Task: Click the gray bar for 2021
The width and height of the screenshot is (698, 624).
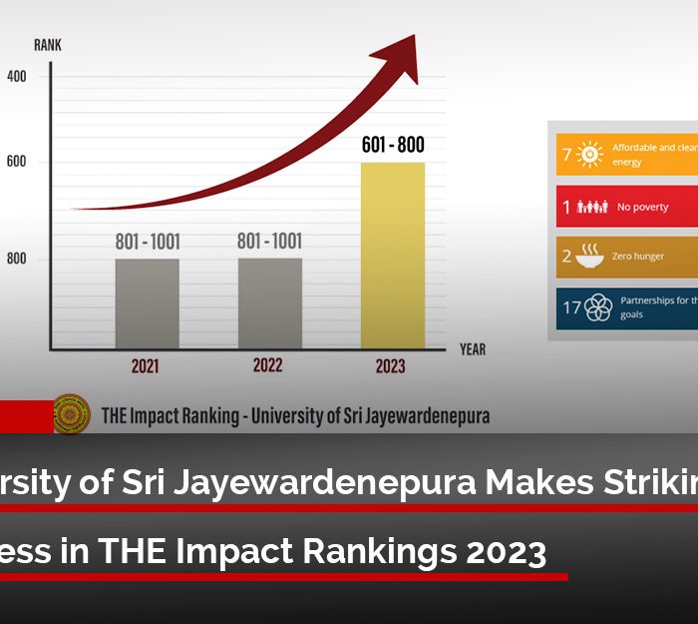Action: coord(148,304)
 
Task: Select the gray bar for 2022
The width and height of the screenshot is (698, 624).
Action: coord(269,304)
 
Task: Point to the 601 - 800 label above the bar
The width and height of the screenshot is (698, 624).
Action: coord(392,146)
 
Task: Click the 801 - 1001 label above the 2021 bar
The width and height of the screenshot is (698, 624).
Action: coord(148,243)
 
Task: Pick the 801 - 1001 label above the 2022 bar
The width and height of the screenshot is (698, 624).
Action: coord(269,242)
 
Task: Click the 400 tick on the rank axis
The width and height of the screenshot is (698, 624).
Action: coord(17,76)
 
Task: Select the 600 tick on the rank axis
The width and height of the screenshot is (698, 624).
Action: coord(17,162)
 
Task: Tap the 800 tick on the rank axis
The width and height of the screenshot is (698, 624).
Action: coord(17,259)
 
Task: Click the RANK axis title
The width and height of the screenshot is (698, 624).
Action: coord(48,45)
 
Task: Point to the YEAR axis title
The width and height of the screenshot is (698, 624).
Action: coord(473,349)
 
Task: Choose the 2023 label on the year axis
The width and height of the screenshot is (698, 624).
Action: coord(390,366)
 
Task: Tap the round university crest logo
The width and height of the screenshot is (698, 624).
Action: coord(72,414)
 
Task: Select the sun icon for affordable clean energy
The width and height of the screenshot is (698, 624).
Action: coord(590,155)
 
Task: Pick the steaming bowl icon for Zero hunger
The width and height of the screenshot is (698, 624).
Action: coord(591,257)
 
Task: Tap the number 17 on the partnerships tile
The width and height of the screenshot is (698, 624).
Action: coord(571,308)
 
